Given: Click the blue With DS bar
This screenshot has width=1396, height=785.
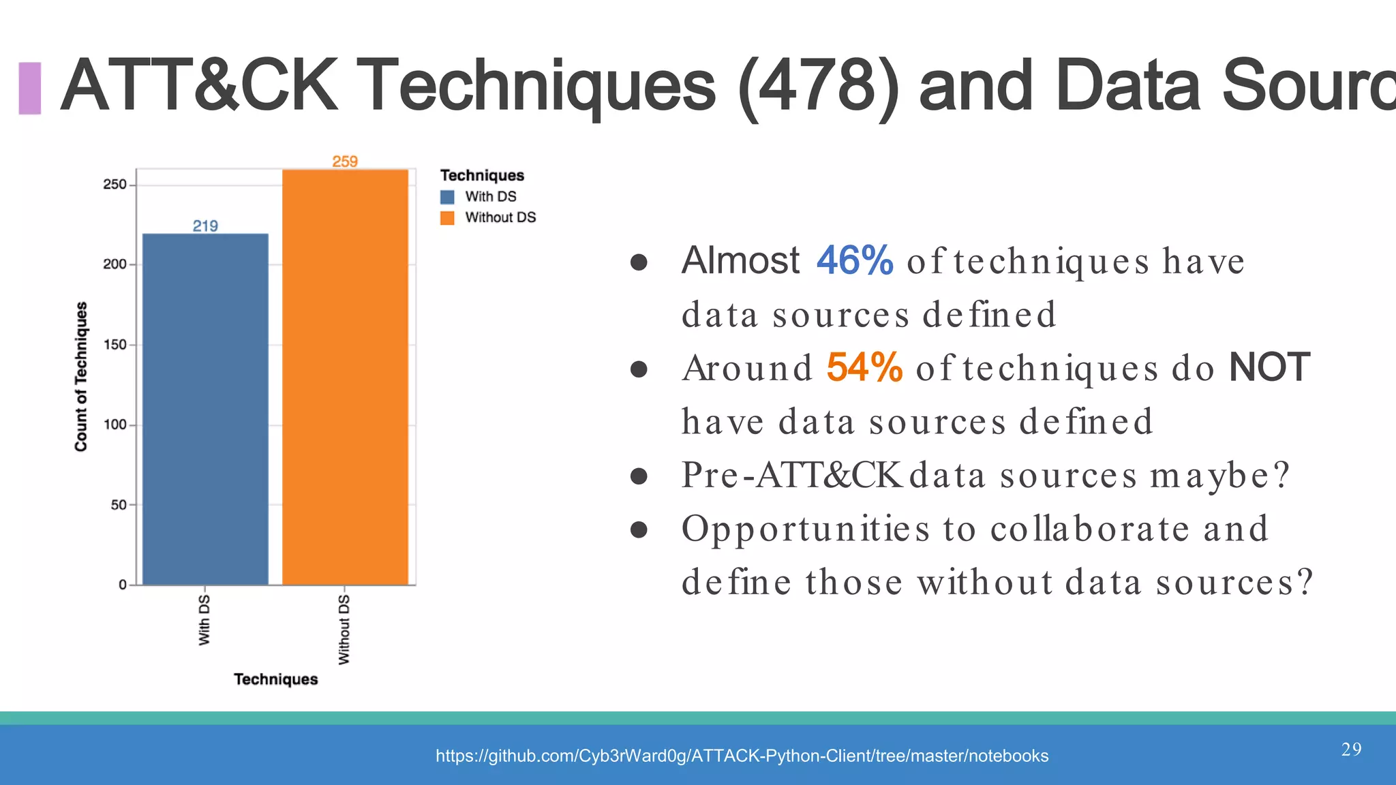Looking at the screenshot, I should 205,409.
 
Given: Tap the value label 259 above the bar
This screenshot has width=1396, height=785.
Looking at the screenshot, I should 345,161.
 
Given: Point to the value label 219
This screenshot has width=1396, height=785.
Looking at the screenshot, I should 205,226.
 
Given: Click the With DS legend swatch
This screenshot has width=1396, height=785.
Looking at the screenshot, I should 447,197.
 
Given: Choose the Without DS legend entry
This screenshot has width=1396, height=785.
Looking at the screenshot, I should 500,217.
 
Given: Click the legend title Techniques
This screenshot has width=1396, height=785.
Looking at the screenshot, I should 482,175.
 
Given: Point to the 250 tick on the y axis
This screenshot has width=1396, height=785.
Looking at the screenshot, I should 115,185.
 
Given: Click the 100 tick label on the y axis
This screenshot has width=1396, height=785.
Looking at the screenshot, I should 115,425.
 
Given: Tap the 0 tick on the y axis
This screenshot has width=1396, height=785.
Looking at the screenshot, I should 123,585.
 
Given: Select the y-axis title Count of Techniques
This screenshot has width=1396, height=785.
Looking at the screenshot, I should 81,376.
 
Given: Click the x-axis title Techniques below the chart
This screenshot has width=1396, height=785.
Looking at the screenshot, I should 275,679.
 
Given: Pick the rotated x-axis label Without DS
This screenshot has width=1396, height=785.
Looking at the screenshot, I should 344,629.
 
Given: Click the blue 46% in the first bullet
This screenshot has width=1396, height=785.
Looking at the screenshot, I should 855,260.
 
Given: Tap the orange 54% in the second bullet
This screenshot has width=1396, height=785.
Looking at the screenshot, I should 864,367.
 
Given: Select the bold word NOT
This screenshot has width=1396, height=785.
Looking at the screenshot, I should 1269,367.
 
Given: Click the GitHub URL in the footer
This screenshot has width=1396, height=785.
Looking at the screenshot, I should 742,756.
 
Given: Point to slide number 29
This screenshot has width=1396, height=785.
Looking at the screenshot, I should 1351,750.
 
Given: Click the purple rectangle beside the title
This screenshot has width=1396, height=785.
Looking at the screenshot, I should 30,88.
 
